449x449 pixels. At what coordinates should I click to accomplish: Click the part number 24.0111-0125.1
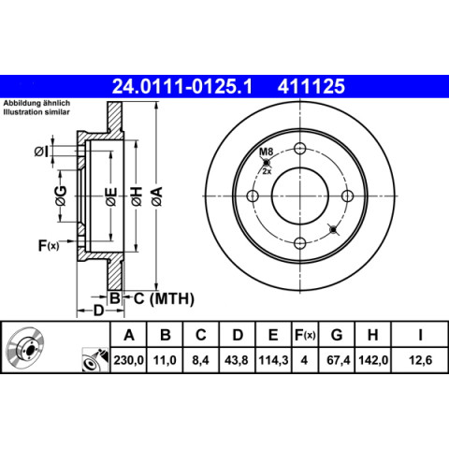(181, 86)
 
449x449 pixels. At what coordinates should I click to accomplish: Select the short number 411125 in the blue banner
(311, 86)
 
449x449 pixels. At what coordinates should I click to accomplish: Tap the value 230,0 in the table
(128, 360)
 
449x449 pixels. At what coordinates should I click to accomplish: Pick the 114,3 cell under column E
(273, 360)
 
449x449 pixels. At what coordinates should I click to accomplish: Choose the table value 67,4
(339, 360)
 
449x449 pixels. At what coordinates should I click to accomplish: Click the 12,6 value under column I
(420, 360)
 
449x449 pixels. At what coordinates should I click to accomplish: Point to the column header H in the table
(373, 335)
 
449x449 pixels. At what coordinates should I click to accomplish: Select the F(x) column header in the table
(305, 335)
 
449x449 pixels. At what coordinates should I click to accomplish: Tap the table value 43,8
(237, 360)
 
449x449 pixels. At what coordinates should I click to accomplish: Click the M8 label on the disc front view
(267, 152)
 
